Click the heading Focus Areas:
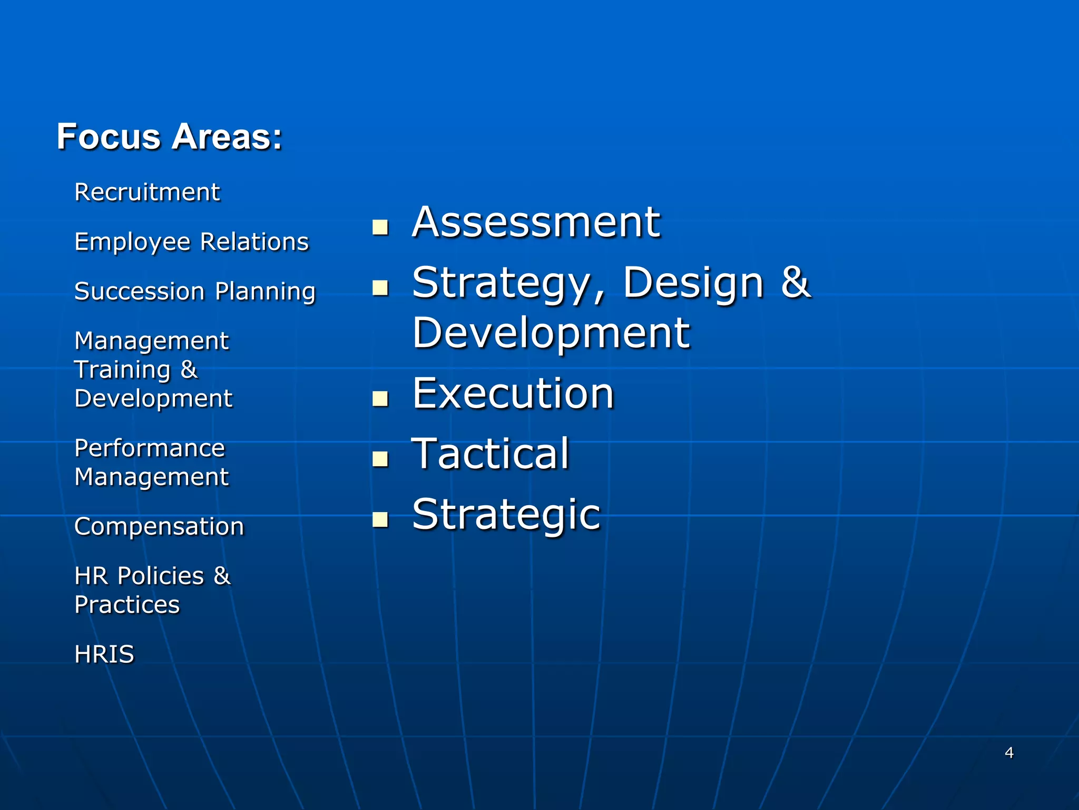click(169, 137)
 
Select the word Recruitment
click(147, 192)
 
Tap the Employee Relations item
click(191, 242)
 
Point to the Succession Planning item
click(195, 292)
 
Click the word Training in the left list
click(122, 370)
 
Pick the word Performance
click(150, 448)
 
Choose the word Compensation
click(159, 526)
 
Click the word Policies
click(161, 576)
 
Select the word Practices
click(127, 605)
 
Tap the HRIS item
click(104, 654)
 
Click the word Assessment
click(536, 223)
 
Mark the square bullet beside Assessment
click(380, 227)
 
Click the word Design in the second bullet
click(693, 283)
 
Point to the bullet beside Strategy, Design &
click(380, 288)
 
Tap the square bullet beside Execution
click(380, 399)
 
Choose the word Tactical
click(491, 454)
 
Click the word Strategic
click(506, 515)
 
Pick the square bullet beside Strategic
click(380, 520)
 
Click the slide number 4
click(1009, 753)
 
